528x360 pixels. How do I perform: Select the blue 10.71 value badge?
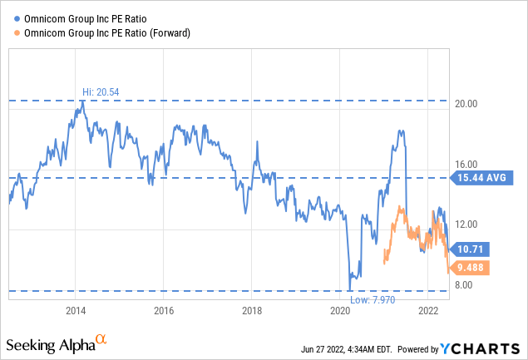pyautogui.click(x=473, y=248)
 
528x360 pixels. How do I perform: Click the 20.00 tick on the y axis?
pyautogui.click(x=468, y=105)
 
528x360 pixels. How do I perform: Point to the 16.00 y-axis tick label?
pyautogui.click(x=468, y=165)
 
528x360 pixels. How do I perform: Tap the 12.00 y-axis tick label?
pyautogui.click(x=468, y=224)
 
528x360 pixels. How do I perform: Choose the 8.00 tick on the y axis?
pyautogui.click(x=466, y=285)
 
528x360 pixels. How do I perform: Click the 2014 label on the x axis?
pyautogui.click(x=76, y=311)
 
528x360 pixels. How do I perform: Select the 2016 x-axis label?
pyautogui.click(x=164, y=311)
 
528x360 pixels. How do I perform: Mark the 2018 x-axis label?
pyautogui.click(x=252, y=311)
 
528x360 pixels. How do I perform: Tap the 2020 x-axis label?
pyautogui.click(x=340, y=311)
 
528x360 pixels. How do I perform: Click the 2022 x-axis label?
pyautogui.click(x=428, y=311)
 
